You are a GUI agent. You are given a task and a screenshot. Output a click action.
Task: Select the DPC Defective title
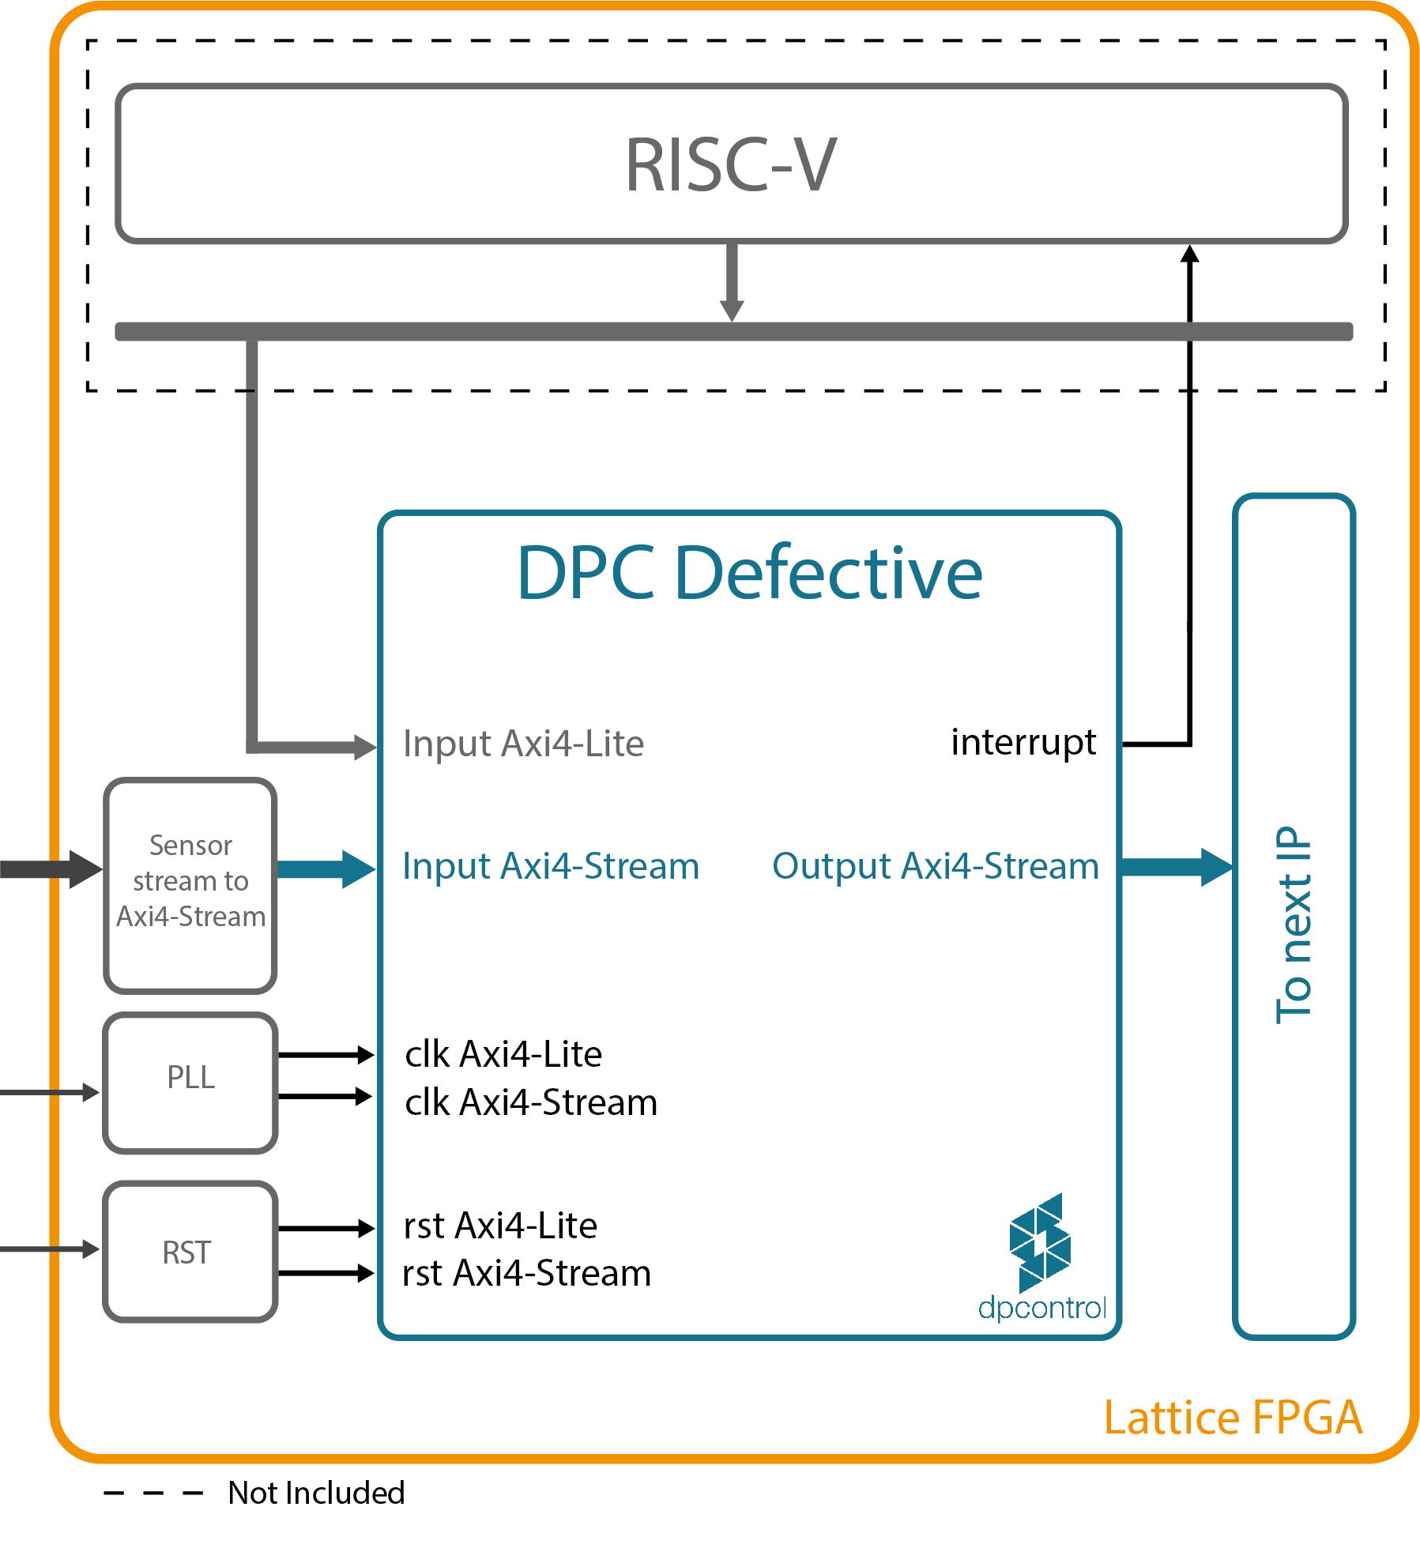coord(749,573)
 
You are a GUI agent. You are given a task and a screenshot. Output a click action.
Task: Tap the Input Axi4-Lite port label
coord(523,744)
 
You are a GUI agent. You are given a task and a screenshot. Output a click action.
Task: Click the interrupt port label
coord(1023,742)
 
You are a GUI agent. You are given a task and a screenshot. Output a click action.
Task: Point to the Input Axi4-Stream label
coord(551,866)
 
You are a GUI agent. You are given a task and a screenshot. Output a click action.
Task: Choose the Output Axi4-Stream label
coord(936,866)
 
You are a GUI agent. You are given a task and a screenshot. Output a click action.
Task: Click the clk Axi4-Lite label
coord(503,1054)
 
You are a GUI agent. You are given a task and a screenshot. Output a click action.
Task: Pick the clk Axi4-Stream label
coord(531,1102)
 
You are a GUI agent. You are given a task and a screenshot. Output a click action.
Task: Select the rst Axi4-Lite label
coord(500,1226)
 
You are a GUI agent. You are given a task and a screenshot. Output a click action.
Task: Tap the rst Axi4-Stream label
coord(526,1274)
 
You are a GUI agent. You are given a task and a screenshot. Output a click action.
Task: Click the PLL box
coord(190,1083)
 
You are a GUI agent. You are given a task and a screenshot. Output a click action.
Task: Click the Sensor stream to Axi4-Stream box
coord(190,885)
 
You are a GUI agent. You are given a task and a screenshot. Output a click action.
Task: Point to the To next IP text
coord(1294,925)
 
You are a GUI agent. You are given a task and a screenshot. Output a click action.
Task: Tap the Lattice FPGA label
coord(1233,1418)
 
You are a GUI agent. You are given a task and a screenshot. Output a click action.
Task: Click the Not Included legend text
coord(316,1493)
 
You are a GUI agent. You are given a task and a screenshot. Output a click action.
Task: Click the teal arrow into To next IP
coord(1177,867)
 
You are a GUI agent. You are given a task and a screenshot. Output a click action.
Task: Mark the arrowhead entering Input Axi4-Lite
coord(365,746)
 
